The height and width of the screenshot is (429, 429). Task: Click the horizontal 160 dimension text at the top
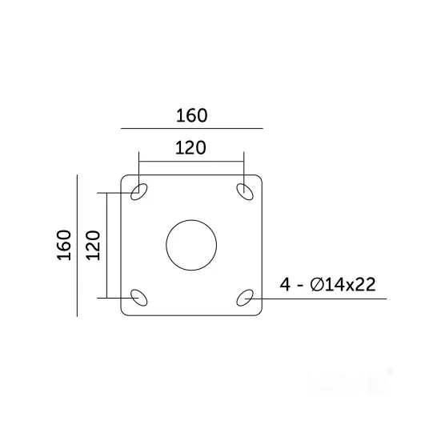tap(191, 114)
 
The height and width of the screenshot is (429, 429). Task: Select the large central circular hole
tap(191, 244)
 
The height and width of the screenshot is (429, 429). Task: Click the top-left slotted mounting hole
tap(139, 191)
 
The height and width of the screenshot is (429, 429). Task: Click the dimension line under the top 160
tap(191, 128)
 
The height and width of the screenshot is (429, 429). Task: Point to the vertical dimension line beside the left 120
tap(106, 244)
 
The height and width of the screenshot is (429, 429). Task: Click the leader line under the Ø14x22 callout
tap(336, 298)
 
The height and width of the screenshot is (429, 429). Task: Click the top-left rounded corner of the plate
tap(123, 177)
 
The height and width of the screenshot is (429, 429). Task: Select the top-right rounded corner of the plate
tap(260, 177)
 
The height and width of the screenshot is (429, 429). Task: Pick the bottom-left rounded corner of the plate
tap(123, 312)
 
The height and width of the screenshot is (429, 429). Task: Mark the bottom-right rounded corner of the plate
tap(260, 312)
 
